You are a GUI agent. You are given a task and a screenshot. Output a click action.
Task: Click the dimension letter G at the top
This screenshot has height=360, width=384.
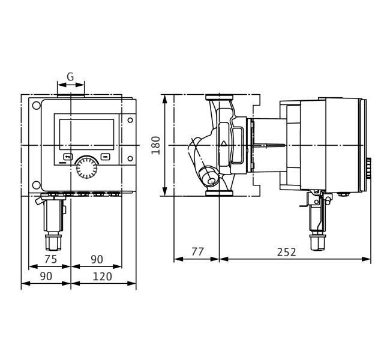(70, 77)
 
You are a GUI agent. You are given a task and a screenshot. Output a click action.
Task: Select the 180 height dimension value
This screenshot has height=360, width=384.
(156, 145)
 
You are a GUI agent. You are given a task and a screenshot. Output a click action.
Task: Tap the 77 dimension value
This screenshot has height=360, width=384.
(197, 251)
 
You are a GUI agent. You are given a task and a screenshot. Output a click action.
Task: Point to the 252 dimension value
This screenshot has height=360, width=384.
(286, 252)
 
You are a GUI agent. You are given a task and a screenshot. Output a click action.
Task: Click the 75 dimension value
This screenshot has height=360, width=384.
(50, 259)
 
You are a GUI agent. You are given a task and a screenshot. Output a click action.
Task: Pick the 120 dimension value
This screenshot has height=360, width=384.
(102, 277)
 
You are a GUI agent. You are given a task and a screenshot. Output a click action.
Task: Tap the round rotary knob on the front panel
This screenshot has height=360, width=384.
(86, 168)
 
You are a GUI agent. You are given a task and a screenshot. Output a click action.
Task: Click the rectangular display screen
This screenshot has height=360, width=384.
(86, 134)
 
